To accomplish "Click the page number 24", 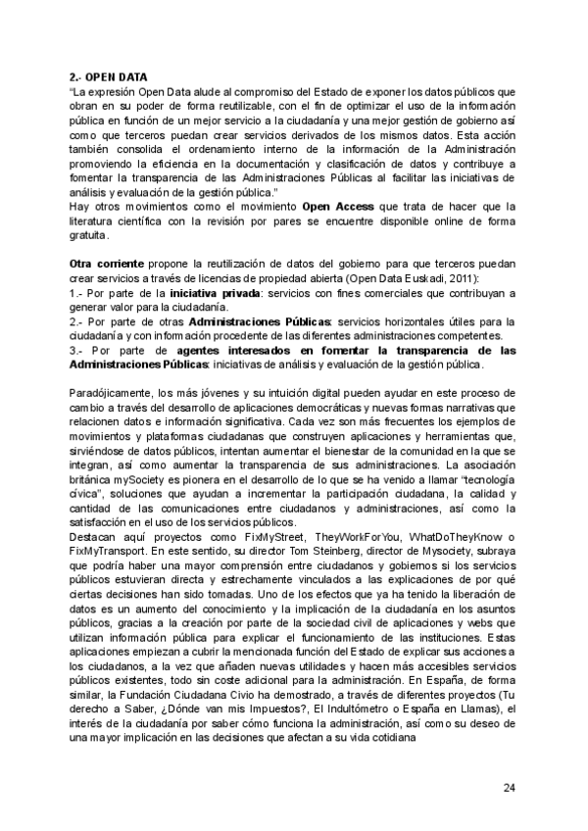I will point(509,787).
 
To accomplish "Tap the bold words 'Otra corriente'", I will point(108,265).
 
